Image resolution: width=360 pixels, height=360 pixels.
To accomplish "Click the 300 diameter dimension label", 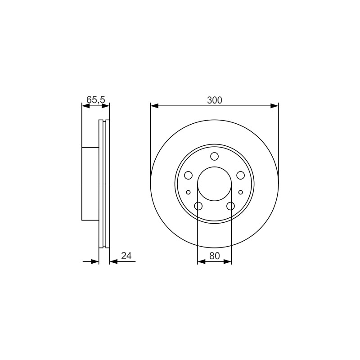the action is coord(215,100).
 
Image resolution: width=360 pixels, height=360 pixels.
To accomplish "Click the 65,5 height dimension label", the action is coord(96,100).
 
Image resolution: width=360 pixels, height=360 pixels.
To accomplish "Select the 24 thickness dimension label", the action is coord(126,256).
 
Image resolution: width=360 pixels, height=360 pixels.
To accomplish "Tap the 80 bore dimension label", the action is coord(215,256).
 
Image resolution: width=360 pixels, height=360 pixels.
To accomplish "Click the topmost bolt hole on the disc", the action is coord(215,156).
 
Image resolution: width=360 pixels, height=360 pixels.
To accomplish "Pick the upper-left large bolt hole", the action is coord(188,175).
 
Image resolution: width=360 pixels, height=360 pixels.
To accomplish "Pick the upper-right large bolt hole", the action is coord(241,175).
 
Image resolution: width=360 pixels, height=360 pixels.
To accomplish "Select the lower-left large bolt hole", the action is coord(198,206).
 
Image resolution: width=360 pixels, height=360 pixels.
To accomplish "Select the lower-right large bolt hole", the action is coord(230,206).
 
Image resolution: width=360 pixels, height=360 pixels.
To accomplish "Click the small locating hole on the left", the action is coord(188,192).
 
